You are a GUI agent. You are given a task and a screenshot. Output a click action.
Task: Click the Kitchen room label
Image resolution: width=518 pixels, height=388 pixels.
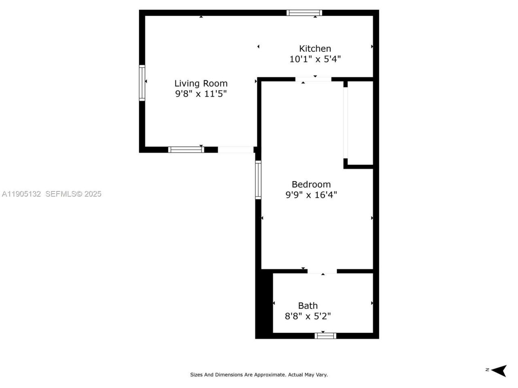315,48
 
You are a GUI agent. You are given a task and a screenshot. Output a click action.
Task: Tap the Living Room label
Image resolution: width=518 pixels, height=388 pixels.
201,83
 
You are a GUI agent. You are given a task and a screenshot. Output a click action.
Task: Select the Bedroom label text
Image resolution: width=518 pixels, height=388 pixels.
311,184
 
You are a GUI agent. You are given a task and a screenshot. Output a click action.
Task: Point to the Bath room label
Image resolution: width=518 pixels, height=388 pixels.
308,306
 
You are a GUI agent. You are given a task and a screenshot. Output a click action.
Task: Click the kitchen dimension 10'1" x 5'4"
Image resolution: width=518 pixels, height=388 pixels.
315,59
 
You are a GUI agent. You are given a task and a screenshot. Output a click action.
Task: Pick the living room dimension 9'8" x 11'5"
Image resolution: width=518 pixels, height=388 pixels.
201,94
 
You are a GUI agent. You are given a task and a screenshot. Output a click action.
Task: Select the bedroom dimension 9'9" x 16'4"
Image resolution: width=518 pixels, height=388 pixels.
311,195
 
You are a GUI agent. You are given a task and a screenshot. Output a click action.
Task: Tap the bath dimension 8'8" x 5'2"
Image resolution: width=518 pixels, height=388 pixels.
308,316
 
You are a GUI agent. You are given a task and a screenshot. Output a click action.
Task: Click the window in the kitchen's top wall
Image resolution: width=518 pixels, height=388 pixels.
304,13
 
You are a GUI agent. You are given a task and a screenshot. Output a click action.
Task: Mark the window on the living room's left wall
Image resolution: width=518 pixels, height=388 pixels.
142,82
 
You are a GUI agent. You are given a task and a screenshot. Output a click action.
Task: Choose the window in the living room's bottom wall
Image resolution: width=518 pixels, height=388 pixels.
186,150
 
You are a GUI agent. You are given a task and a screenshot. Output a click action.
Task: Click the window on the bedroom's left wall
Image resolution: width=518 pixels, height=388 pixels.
258,179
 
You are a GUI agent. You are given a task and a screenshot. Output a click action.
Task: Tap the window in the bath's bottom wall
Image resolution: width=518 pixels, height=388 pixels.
325,335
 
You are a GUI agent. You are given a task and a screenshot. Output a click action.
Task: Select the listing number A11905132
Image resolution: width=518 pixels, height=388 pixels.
21,194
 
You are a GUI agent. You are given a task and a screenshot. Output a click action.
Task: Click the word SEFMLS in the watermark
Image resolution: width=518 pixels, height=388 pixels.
61,194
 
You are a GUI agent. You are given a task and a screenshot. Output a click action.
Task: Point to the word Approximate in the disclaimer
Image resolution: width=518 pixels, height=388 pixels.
270,375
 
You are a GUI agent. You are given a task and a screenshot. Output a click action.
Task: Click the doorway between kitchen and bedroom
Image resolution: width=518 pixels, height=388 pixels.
313,79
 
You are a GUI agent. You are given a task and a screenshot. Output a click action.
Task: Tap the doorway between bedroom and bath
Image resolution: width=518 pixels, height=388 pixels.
322,271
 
